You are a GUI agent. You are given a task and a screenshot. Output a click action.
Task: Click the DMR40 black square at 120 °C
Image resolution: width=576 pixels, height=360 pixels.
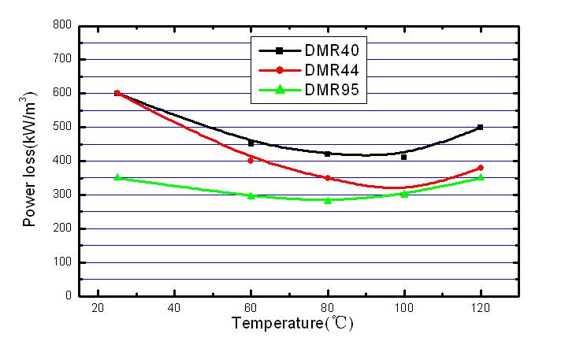(480, 127)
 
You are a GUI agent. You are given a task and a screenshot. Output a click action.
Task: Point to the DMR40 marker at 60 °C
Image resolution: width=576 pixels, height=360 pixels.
(251, 143)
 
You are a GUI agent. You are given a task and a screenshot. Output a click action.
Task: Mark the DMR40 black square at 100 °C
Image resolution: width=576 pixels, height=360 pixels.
(404, 157)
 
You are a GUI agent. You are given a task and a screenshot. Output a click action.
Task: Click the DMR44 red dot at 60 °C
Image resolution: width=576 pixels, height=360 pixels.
(251, 160)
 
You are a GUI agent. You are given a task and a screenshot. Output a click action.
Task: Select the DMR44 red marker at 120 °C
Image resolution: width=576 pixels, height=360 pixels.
(480, 168)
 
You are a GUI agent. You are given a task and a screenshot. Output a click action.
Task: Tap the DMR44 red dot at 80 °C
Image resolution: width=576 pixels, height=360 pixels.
(328, 178)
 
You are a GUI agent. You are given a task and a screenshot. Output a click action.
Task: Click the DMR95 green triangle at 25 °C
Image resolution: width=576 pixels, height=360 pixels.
(117, 177)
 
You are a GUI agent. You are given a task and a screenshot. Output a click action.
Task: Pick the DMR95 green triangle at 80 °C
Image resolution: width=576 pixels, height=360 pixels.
(328, 200)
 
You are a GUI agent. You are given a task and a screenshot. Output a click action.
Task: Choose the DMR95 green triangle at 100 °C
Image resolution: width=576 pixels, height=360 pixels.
(404, 193)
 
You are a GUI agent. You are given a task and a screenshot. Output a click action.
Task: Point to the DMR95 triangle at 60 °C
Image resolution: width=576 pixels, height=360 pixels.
(251, 195)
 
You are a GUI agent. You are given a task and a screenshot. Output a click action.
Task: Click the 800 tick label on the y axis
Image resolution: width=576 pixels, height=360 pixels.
(63, 26)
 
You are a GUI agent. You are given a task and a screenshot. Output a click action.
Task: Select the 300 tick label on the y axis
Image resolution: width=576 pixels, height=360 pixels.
(63, 195)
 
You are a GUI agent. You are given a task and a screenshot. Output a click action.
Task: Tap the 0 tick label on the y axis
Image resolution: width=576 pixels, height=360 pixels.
(69, 296)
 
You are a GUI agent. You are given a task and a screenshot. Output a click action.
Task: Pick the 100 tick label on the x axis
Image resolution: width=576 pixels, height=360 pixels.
(404, 308)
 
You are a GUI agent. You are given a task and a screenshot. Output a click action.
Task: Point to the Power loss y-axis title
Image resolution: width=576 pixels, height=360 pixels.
(30, 161)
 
